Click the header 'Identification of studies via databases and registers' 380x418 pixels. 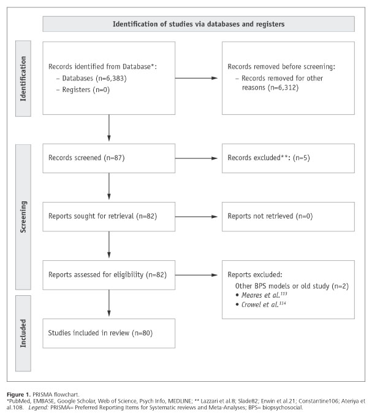199,25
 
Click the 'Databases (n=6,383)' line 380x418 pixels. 88,78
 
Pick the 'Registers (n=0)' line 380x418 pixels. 80,89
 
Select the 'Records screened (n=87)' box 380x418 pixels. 108,158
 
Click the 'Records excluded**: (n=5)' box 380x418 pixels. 288,158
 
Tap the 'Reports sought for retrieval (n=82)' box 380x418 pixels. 108,215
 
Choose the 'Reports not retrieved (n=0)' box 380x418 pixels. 288,215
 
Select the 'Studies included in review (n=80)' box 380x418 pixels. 108,333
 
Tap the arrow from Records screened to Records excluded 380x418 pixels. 198,158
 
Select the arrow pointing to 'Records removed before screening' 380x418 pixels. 198,78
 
